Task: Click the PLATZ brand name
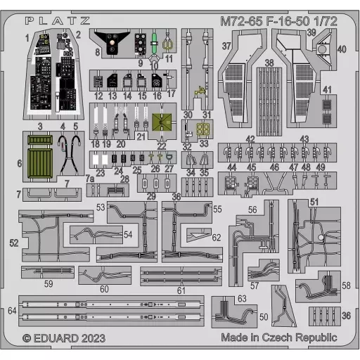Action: (x=58, y=21)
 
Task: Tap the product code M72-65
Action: (x=241, y=21)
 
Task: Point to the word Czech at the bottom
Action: (x=277, y=337)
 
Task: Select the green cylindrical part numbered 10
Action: (x=154, y=43)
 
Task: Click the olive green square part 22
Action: (x=162, y=122)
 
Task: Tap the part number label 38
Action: (x=269, y=63)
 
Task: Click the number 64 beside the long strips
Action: (x=12, y=311)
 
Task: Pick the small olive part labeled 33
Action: (x=203, y=129)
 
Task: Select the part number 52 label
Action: (x=14, y=243)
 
